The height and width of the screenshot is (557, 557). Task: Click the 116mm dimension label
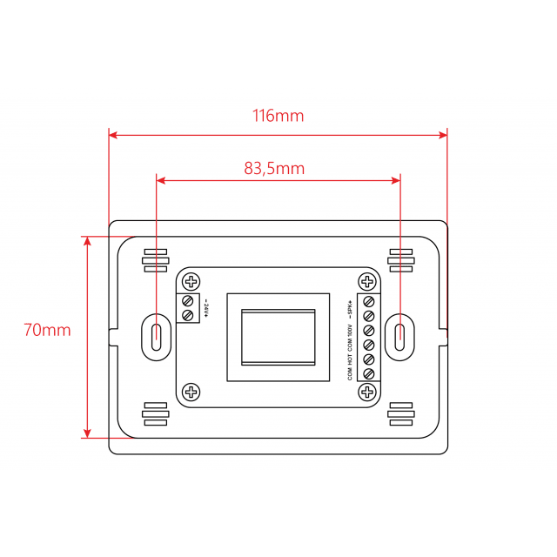[x=278, y=116]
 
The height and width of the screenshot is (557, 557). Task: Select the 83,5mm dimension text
[x=274, y=169]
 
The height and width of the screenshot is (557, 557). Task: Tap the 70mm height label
[x=47, y=331]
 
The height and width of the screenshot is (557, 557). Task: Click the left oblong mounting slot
[x=155, y=335]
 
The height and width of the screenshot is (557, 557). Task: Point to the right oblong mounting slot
[x=399, y=335]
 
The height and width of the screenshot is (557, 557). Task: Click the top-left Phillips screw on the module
[x=191, y=281]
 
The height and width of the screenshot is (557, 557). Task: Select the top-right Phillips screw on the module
[x=367, y=281]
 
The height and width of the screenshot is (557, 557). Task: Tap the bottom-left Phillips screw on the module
[x=191, y=393]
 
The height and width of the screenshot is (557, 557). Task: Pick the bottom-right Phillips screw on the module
[x=367, y=393]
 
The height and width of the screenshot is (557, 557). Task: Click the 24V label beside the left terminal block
[x=207, y=308]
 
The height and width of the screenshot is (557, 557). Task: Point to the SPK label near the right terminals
[x=349, y=308]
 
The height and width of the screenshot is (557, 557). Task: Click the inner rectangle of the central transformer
[x=278, y=337]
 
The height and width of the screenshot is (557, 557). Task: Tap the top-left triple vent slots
[x=154, y=261]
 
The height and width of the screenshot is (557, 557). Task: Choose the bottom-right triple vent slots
[x=401, y=413]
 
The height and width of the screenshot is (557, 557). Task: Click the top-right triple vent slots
[x=401, y=261]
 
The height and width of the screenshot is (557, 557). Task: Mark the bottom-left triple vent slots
[x=154, y=413]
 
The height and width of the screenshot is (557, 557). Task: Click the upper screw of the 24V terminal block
[x=186, y=301]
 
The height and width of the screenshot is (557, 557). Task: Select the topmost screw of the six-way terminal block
[x=368, y=301]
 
